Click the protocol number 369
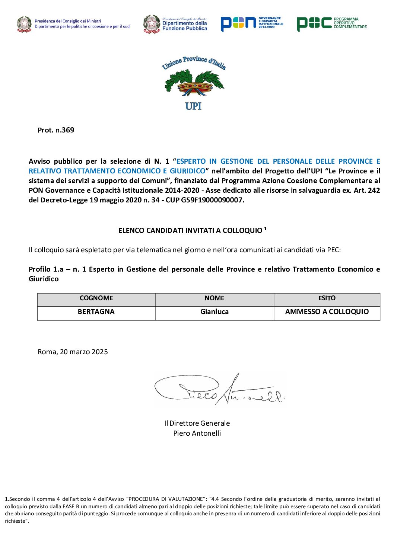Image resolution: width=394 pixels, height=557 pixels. [x=68, y=130]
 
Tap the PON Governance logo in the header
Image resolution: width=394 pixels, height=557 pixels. [x=251, y=23]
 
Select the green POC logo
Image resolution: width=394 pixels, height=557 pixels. [x=331, y=23]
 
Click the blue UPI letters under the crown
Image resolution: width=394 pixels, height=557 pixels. [x=193, y=106]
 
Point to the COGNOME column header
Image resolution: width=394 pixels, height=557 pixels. [x=96, y=298]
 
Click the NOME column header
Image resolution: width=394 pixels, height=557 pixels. [x=215, y=298]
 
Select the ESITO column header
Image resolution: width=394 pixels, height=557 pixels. [x=327, y=298]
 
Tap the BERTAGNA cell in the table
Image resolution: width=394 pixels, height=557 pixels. [x=96, y=312]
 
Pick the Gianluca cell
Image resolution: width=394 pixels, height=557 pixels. [x=215, y=312]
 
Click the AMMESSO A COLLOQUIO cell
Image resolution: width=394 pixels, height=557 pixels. [x=327, y=312]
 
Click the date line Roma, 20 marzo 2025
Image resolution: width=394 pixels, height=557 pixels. [x=73, y=352]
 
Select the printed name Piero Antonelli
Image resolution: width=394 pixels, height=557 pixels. [x=197, y=433]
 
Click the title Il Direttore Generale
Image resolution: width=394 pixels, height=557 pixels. [x=197, y=423]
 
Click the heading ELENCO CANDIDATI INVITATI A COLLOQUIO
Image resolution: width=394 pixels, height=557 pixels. [x=190, y=231]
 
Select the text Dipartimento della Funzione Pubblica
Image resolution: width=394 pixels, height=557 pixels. [x=185, y=26]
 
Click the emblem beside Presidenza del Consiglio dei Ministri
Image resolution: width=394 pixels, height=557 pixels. [x=24, y=24]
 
